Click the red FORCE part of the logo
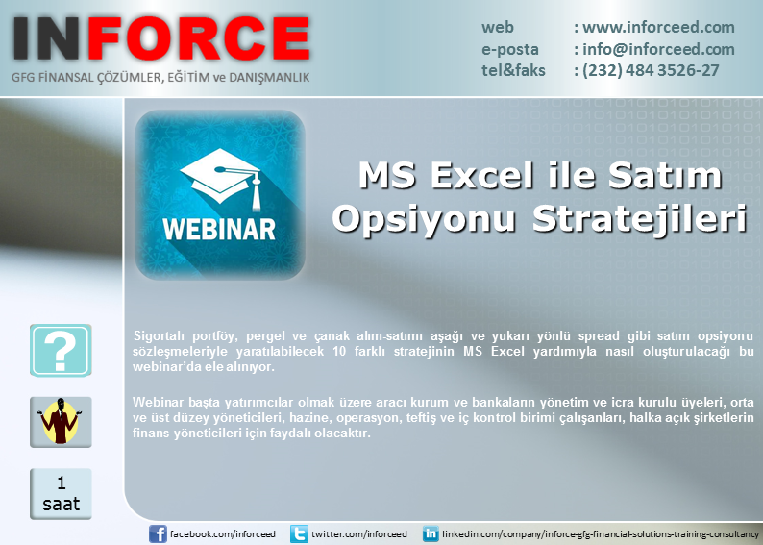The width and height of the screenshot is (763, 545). pos(199,38)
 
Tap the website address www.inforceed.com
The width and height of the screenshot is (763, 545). pos(658,27)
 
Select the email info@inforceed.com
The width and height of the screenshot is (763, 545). pos(658,49)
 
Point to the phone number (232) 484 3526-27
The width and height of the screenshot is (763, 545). pos(651,70)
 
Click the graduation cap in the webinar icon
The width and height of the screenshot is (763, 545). pos(221,178)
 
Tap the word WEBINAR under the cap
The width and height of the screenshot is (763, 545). pos(219,229)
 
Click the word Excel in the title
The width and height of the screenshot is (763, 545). pos(482,175)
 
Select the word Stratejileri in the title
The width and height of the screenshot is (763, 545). pos(639,219)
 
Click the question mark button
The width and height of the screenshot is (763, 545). pos(61,350)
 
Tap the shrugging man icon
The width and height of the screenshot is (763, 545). pos(61,422)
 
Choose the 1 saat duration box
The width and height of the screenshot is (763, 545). pos(61,494)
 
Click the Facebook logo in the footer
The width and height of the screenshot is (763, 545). pos(158,533)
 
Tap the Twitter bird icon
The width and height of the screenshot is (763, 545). pos(299,533)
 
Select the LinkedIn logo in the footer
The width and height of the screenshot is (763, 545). pos(431,533)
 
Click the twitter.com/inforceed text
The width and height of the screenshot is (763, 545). pos(359,533)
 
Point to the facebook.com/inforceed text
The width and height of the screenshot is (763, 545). pos(222,533)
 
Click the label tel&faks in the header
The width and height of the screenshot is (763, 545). pos(513,70)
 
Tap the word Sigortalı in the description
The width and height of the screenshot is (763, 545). pos(159,336)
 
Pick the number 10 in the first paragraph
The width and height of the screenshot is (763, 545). pos(339,352)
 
